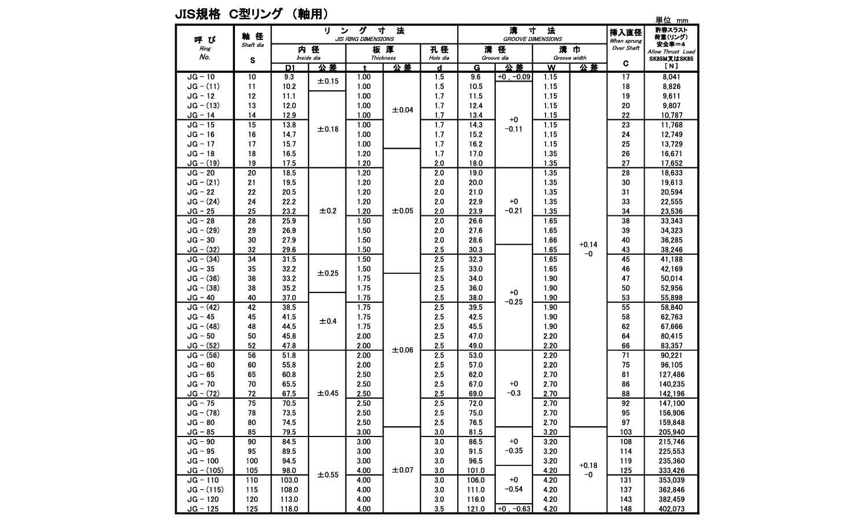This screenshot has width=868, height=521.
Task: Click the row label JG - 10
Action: pos(201,77)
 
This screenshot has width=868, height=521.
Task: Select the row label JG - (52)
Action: pos(203,346)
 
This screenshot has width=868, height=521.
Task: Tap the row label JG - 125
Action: pos(202,509)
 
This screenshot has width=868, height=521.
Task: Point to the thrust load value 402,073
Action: pos(671,509)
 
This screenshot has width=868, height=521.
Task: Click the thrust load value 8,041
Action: pos(671,77)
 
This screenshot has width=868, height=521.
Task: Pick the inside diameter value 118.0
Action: pos(289,509)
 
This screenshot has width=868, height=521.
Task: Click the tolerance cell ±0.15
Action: pos(328,82)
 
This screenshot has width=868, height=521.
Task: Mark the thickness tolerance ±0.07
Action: pos(402,470)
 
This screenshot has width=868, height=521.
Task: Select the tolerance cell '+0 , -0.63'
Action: pos(514,509)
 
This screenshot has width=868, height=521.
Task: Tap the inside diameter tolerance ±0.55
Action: pos(328,475)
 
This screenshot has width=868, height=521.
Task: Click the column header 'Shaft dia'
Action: pos(252,45)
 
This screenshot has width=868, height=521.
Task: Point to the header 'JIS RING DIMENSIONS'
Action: pos(365,39)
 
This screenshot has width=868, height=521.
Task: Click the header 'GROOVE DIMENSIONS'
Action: pos(532,39)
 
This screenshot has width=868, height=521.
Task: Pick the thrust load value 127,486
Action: pos(671,375)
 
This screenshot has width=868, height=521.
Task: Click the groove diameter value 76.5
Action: pos(476,423)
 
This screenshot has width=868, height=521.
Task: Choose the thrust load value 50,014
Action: pos(671,278)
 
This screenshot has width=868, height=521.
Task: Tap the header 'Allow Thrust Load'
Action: pos(671,52)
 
